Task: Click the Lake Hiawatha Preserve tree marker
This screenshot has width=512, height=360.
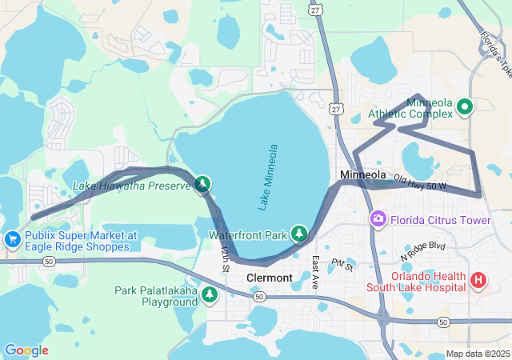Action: click(203, 185)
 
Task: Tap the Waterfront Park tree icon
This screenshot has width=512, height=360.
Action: click(299, 233)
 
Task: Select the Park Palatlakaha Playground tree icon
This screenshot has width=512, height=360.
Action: click(210, 295)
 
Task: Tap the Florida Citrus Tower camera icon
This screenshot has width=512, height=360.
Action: click(378, 218)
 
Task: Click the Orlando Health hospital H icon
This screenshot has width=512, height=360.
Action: click(478, 280)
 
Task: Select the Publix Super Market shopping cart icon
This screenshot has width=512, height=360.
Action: click(12, 238)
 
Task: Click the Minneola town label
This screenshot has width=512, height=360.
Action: click(362, 174)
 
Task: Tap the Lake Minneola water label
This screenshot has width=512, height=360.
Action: click(267, 178)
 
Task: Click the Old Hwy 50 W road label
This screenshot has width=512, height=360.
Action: click(419, 183)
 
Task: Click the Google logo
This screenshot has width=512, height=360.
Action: click(26, 350)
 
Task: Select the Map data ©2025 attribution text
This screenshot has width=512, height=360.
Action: click(477, 354)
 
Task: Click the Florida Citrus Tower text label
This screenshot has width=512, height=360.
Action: click(441, 218)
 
